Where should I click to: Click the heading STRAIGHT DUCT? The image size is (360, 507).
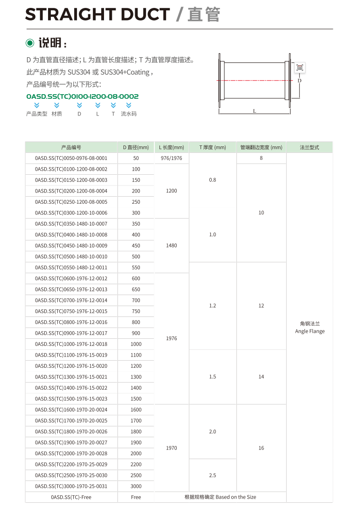97,15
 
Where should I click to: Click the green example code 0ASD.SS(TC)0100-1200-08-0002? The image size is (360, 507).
83,96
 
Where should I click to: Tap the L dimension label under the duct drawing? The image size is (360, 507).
254,111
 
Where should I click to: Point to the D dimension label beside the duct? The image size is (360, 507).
299,80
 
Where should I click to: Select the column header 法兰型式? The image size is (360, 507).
310,147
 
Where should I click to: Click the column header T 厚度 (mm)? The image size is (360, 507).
213,147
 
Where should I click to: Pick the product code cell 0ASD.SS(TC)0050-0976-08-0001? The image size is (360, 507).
71,158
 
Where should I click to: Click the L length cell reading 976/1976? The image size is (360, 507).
172,158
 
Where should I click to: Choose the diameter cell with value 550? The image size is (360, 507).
136,267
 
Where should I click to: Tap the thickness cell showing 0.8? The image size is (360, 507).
213,180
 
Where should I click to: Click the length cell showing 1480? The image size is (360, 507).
172,246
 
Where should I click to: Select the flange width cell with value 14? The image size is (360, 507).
261,377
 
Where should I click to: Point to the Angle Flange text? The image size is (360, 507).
310,331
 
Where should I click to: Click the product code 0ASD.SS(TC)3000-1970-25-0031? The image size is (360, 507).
71,486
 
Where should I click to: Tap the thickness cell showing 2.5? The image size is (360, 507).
213,475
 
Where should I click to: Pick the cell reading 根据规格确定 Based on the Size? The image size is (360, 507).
220,497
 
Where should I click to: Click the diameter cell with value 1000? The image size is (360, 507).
136,344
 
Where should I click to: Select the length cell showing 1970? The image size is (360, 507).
172,448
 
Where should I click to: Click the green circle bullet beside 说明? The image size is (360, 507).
30,43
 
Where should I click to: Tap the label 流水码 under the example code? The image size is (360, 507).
129,114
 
